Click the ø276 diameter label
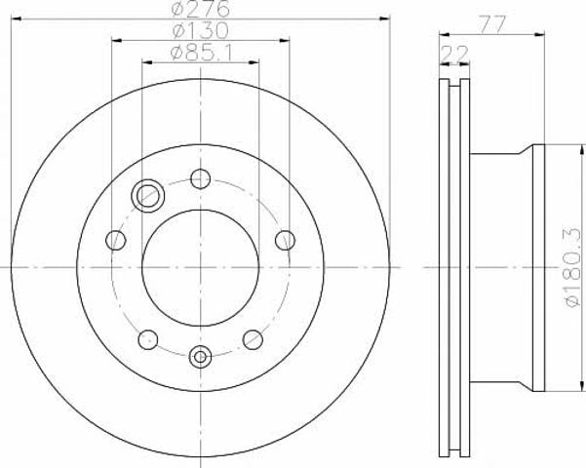[200, 9]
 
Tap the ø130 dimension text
[200, 30]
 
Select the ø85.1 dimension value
[201, 54]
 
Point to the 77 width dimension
[492, 25]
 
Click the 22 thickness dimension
[454, 55]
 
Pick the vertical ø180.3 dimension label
[574, 268]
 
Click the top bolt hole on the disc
[200, 178]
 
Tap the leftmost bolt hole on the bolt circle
[115, 240]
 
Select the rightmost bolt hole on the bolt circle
[285, 240]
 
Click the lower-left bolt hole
[148, 339]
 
